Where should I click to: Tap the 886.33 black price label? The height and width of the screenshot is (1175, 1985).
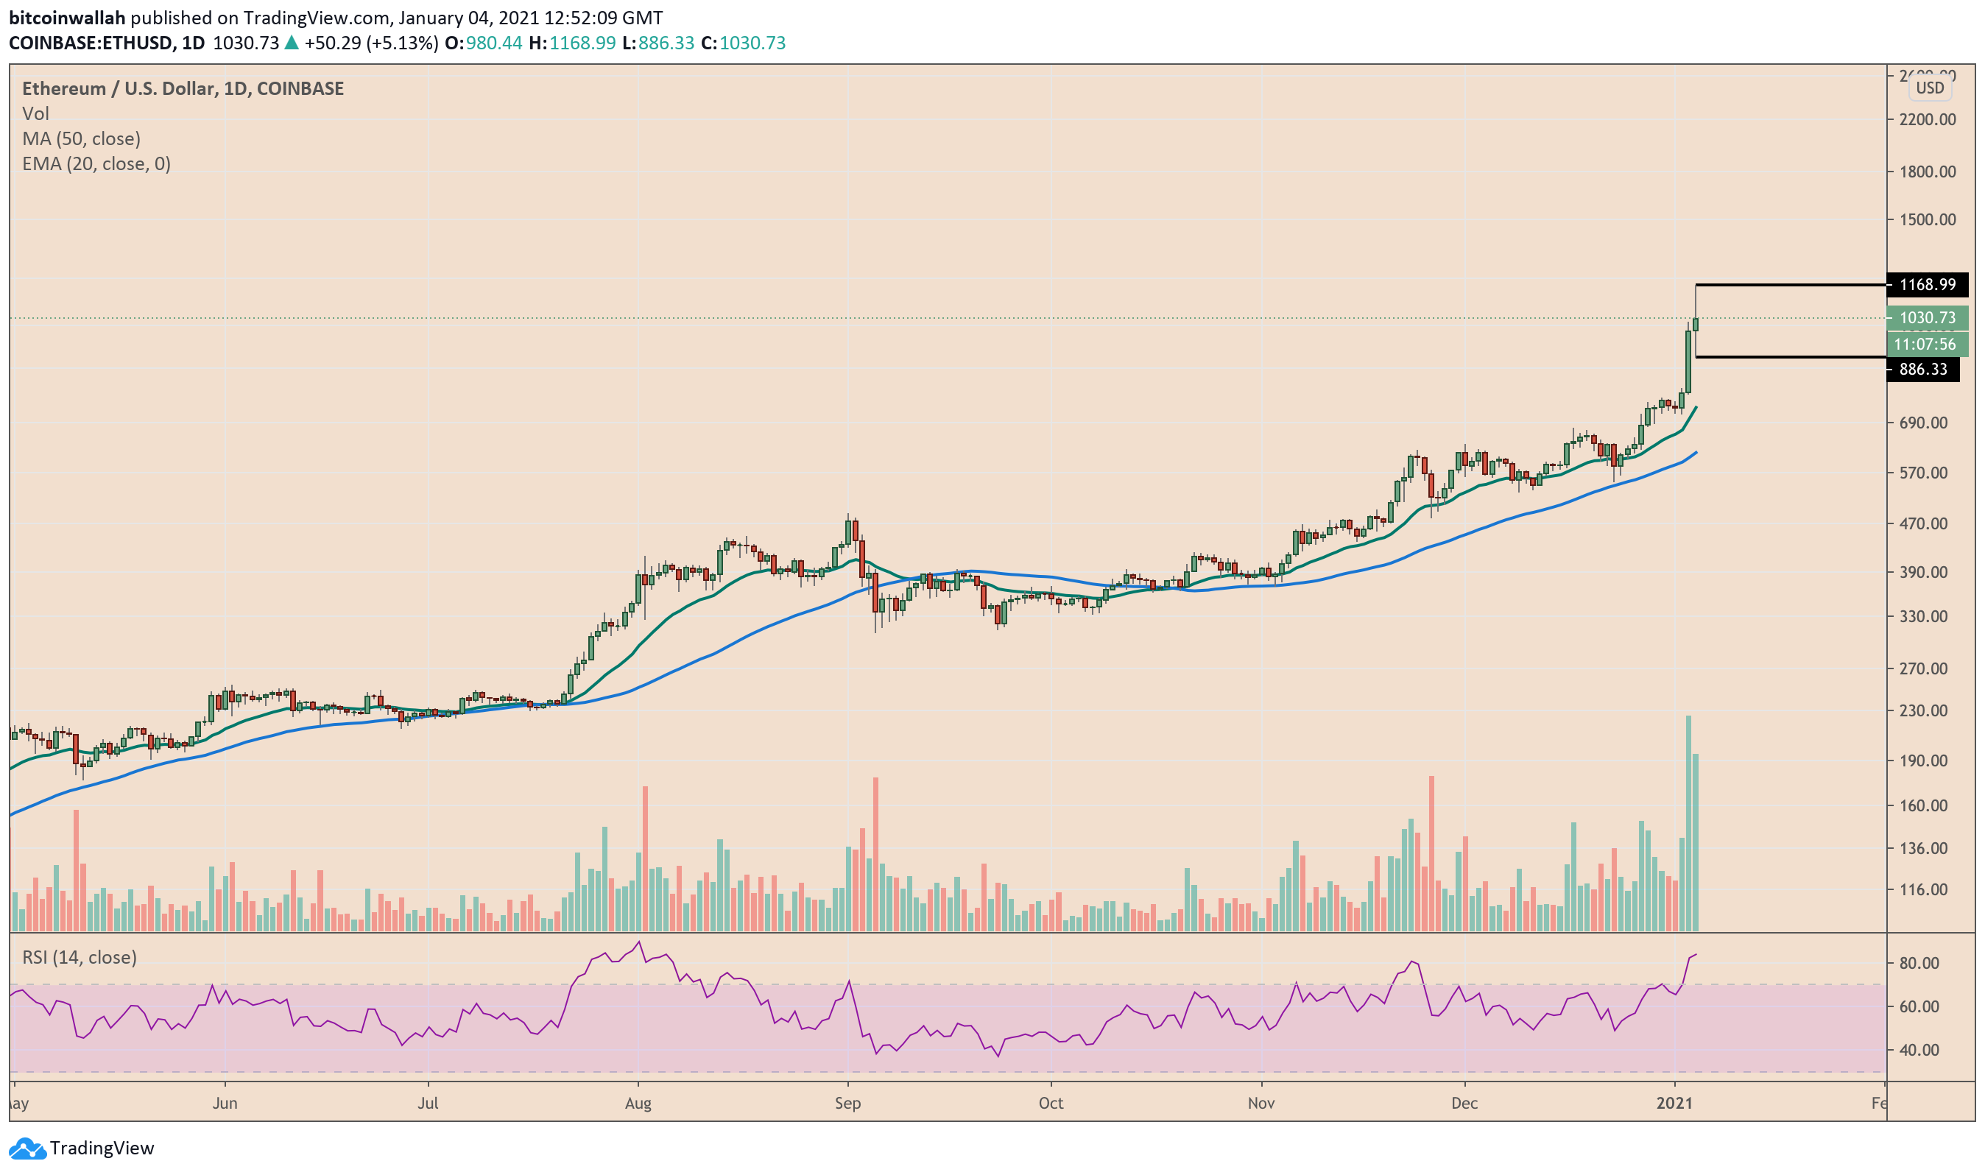[x=1922, y=370]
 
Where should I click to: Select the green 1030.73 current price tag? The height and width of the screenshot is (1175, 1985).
[x=1925, y=318]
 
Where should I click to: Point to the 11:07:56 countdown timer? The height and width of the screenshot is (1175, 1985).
[x=1925, y=345]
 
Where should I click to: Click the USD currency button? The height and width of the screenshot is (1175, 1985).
[x=1929, y=88]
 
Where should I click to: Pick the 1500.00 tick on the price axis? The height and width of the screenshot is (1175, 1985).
[x=1926, y=220]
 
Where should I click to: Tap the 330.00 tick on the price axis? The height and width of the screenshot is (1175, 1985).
[x=1926, y=617]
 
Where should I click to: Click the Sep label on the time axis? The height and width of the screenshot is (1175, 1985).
[x=847, y=1103]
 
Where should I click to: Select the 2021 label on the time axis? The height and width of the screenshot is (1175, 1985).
[x=1674, y=1103]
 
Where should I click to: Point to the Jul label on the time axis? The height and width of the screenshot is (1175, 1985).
[x=428, y=1103]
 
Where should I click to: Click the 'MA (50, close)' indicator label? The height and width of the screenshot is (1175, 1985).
[x=82, y=139]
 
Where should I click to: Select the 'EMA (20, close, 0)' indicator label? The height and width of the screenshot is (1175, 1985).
[x=96, y=164]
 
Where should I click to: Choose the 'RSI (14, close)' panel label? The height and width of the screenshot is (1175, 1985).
[x=80, y=958]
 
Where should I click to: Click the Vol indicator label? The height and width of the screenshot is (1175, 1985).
[x=35, y=114]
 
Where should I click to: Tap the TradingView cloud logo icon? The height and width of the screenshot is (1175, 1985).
[x=27, y=1148]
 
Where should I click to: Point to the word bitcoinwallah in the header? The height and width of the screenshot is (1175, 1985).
[x=67, y=18]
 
